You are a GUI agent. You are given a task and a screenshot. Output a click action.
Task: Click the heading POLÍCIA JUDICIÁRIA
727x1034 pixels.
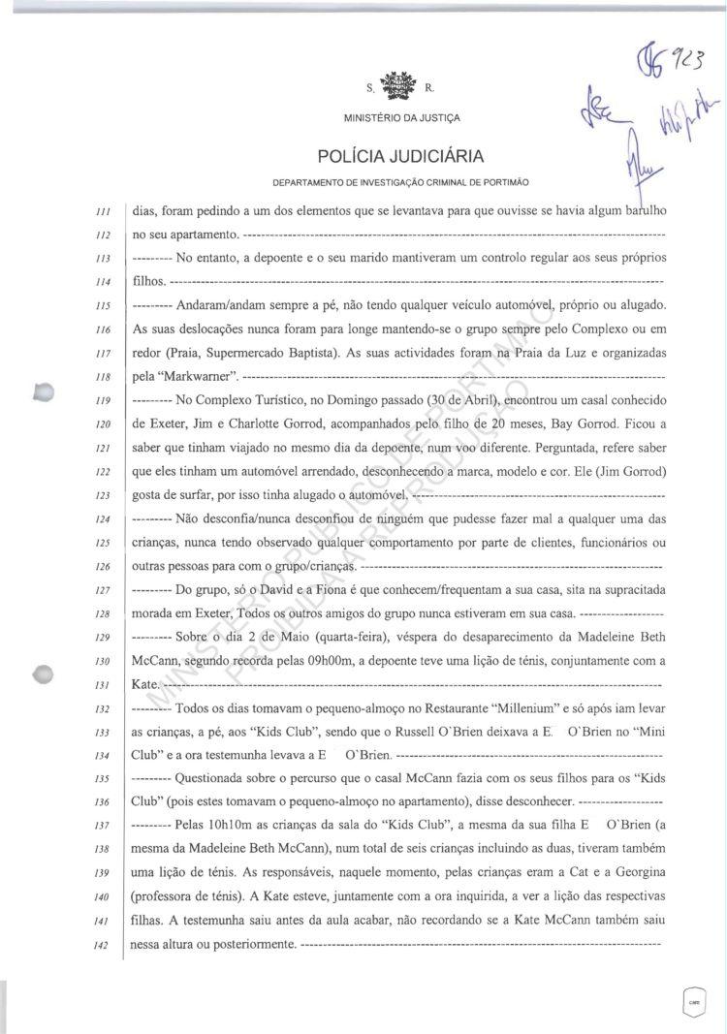(x=400, y=156)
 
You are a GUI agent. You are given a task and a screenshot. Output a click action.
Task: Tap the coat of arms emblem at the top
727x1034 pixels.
(x=397, y=89)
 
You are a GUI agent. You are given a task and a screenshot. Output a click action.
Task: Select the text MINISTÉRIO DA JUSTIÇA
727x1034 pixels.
(x=401, y=118)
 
